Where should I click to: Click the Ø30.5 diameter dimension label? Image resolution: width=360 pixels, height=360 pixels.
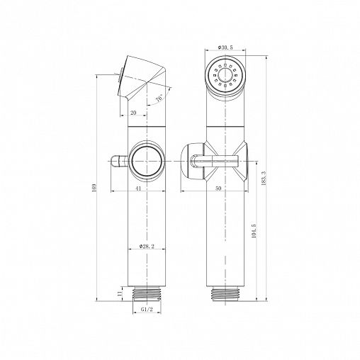[x=225, y=47]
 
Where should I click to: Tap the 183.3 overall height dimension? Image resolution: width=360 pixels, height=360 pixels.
[x=264, y=179]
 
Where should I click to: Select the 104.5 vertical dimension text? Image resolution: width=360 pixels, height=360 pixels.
[x=254, y=231]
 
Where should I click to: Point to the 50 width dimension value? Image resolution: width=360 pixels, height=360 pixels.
[x=218, y=189]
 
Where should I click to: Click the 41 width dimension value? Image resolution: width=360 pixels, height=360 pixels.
[x=138, y=189]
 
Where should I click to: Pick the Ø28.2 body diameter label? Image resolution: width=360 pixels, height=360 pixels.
[x=147, y=246]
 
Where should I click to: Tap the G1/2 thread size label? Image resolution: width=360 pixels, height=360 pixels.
[x=147, y=309]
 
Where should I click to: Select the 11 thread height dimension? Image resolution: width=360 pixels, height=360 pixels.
[x=120, y=293]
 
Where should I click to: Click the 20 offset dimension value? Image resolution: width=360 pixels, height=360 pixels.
[x=133, y=113]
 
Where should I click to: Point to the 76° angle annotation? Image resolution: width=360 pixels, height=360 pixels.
[x=159, y=98]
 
